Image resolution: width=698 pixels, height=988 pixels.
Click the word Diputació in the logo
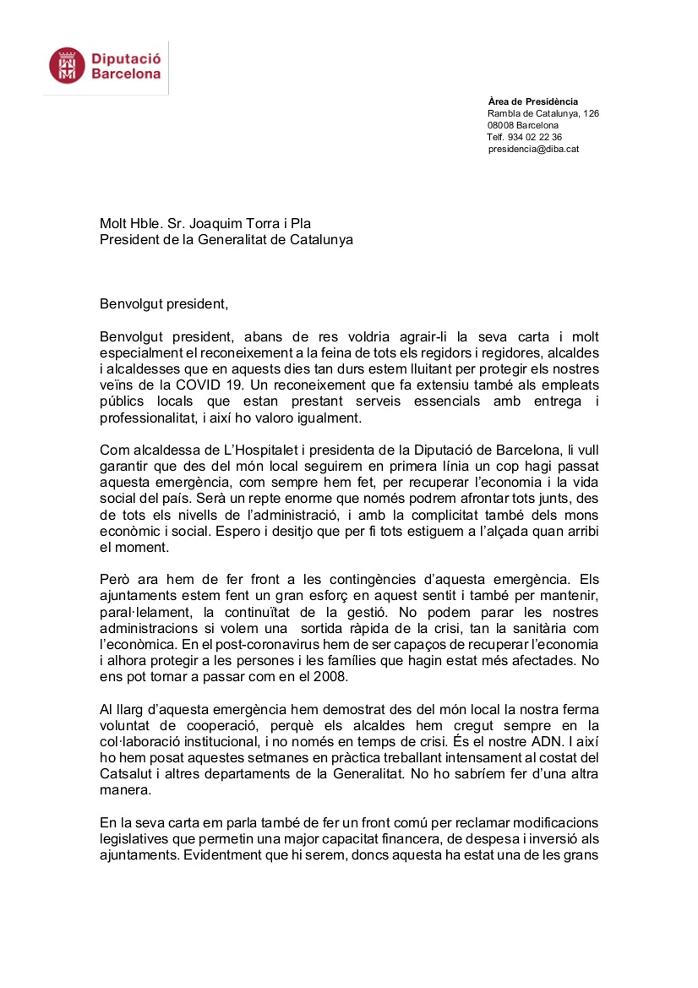[126, 59]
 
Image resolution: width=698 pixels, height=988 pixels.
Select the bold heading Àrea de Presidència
[533, 101]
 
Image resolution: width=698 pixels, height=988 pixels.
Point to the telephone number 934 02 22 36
[535, 137]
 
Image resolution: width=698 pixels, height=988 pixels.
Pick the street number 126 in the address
[591, 113]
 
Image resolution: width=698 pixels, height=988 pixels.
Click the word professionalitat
[148, 418]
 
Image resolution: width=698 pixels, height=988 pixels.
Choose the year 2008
[330, 676]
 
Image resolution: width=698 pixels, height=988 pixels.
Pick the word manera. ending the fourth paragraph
[125, 790]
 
